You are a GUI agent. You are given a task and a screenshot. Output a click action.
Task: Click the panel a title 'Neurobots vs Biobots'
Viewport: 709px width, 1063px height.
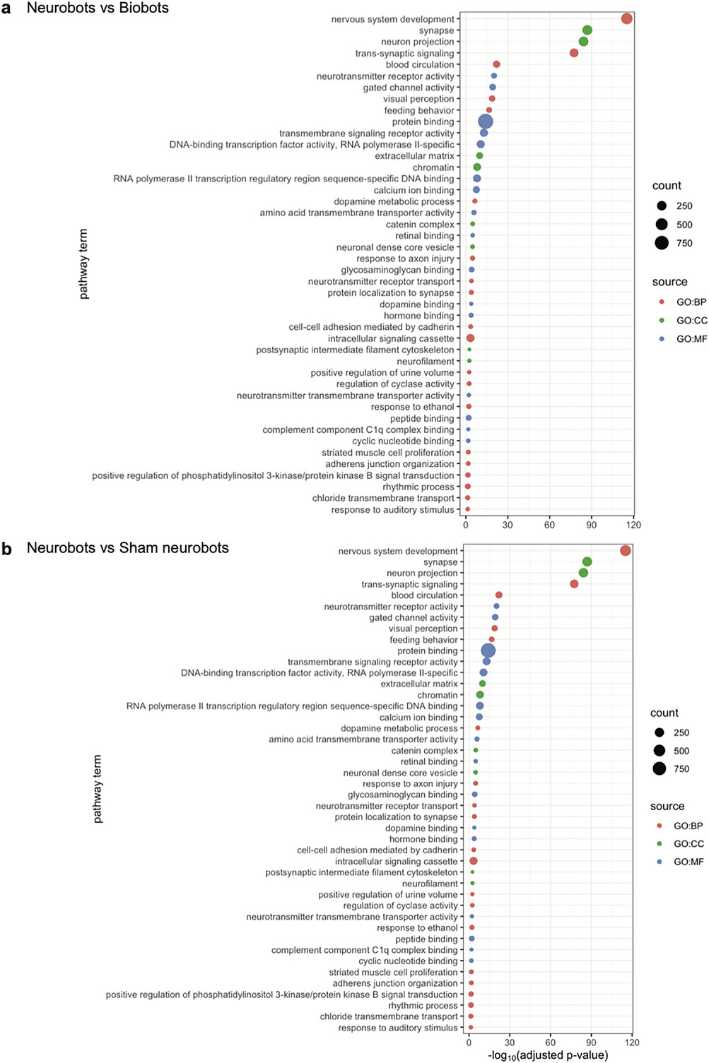point(98,8)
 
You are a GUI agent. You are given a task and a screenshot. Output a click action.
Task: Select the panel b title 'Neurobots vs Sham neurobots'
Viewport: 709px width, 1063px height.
point(127,548)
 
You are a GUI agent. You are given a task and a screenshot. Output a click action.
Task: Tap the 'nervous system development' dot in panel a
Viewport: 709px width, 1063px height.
point(626,18)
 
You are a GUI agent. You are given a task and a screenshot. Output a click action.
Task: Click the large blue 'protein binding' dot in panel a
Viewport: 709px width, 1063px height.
point(485,121)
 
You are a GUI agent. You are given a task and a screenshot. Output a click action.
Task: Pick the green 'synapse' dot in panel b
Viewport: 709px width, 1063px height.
point(587,562)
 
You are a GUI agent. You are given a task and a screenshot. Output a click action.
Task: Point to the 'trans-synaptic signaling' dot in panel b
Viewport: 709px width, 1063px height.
point(574,584)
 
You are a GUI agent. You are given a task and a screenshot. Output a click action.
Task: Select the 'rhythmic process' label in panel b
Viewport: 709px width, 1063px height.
point(423,1006)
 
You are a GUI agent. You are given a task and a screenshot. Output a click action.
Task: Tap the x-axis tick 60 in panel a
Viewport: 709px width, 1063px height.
point(549,525)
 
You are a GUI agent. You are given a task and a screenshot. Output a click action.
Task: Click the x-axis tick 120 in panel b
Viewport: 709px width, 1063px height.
point(632,1043)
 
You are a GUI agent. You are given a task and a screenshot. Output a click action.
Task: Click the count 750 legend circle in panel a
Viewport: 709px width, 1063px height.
point(662,243)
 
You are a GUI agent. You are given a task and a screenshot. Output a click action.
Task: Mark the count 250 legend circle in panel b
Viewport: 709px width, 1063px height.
point(660,732)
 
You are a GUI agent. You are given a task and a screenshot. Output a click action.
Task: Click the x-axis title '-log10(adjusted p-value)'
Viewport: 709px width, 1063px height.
point(548,1055)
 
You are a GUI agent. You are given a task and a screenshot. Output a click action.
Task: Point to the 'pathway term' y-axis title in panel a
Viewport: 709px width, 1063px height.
point(84,264)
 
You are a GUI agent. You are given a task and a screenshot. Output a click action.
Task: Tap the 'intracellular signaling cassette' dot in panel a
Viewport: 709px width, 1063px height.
point(470,338)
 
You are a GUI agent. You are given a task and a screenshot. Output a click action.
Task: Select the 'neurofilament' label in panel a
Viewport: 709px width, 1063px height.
point(426,361)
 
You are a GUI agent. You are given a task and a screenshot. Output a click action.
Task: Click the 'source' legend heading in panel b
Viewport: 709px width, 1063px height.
point(667,807)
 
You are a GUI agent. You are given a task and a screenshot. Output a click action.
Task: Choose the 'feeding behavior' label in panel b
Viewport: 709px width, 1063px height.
point(423,640)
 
